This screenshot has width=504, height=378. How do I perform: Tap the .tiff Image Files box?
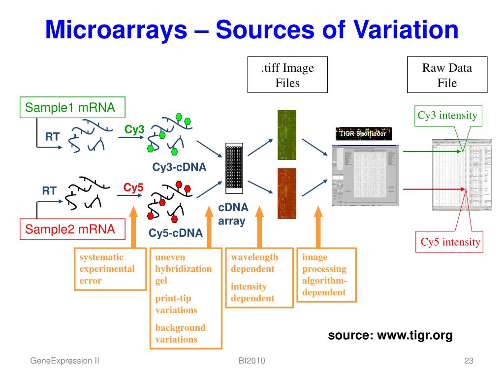pos(287,75)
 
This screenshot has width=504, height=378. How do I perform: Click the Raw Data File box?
pos(447,75)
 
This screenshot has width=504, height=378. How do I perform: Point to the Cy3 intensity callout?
pos(447,116)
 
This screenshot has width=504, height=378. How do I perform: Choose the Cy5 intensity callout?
pos(450,242)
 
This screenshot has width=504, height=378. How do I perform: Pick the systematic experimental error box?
pos(107,269)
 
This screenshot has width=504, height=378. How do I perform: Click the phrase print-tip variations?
pos(176,304)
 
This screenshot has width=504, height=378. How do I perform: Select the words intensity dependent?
pos(252,292)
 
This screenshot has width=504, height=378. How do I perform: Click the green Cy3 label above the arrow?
pos(134,129)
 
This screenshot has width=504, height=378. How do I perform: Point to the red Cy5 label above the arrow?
pos(133,188)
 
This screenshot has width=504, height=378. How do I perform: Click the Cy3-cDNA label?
pos(179,167)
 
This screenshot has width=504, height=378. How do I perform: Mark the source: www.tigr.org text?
pos(390,336)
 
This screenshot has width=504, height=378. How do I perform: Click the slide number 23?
pos(468,361)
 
